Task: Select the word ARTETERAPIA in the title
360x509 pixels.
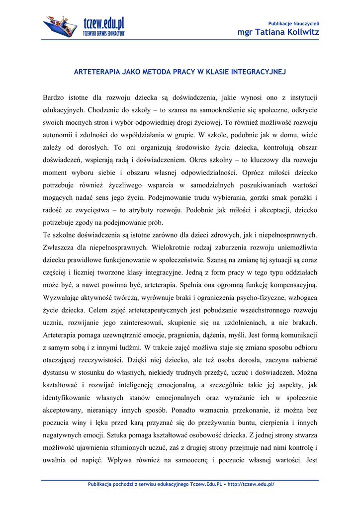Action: coord(95,72)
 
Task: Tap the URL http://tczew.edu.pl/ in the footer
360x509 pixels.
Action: coord(251,484)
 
